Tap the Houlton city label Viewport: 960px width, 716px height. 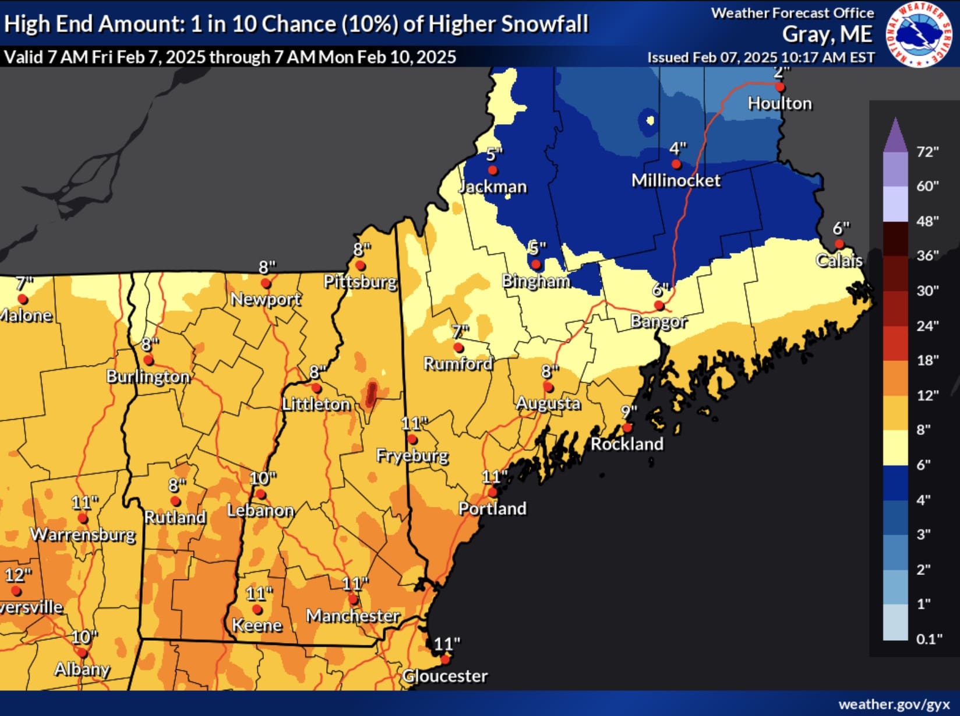pos(779,104)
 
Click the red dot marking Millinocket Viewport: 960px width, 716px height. pos(676,164)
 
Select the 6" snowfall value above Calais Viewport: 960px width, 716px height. pos(841,228)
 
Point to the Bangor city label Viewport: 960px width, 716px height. pos(659,322)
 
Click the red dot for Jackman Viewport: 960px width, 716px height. pos(493,170)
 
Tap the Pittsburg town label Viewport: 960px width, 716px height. pos(360,282)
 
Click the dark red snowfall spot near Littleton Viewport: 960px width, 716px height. pos(370,394)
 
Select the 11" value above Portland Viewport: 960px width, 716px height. pos(495,477)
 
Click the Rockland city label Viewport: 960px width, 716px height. pos(627,444)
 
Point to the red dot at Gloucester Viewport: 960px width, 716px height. pos(445,659)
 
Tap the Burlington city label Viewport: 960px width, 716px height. pos(148,377)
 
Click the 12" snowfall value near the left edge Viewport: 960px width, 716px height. pos(18,575)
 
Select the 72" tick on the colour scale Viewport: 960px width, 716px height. pos(927,152)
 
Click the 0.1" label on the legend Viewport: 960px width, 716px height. pos(929,639)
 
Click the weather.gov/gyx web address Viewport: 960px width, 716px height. pos(894,704)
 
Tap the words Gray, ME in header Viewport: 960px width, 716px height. pos(827,35)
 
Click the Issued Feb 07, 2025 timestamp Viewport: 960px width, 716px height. pos(761,58)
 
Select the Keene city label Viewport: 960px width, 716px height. pos(257,626)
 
